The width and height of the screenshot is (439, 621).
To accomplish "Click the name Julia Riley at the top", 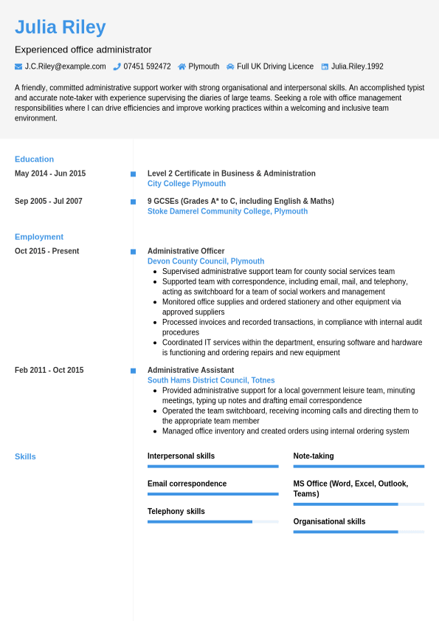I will click(x=61, y=27).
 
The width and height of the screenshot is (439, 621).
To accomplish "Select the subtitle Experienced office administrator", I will click(x=83, y=49).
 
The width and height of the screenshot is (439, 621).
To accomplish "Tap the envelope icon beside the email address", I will click(x=18, y=66).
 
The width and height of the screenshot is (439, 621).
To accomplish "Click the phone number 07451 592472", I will click(x=147, y=66).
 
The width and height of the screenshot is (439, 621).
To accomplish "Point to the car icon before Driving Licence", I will click(x=230, y=66).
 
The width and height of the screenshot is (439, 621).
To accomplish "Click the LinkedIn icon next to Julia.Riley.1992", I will click(x=325, y=66).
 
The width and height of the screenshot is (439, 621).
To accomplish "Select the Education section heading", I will click(x=34, y=159).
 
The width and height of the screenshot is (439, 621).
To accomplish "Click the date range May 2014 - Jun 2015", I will click(x=50, y=174).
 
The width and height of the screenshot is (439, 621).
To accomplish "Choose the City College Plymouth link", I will click(x=187, y=184).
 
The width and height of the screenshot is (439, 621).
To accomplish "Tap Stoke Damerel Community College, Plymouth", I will click(x=227, y=211).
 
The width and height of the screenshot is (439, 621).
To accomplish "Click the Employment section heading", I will click(x=39, y=237).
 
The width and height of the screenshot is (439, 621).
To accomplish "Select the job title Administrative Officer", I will click(x=186, y=251).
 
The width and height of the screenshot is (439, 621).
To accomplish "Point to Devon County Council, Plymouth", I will click(x=206, y=261).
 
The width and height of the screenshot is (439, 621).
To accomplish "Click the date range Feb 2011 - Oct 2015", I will click(x=49, y=370).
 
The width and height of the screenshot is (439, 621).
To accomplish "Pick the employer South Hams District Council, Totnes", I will click(x=211, y=380).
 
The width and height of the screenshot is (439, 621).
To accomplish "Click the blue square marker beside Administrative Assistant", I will click(x=134, y=371).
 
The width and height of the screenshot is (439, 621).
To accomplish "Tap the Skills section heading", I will click(x=25, y=456).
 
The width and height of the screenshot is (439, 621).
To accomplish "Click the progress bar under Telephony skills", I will click(x=212, y=521).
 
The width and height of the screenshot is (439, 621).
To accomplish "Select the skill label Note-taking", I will click(x=314, y=456).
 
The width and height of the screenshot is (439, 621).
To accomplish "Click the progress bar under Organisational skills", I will click(x=359, y=532).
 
